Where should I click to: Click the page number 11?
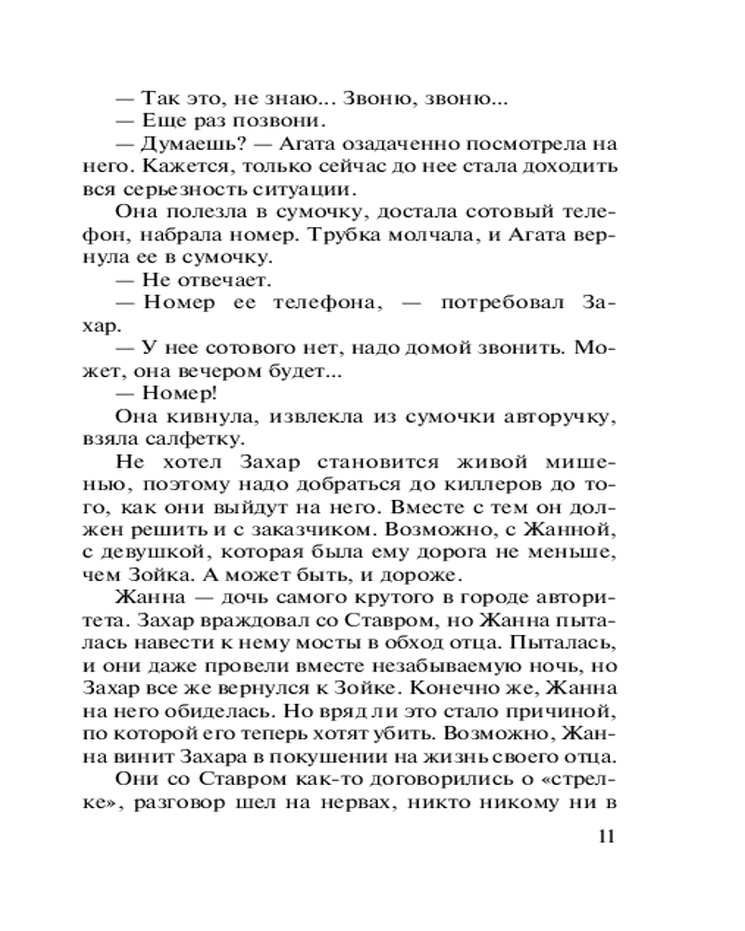(605, 835)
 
